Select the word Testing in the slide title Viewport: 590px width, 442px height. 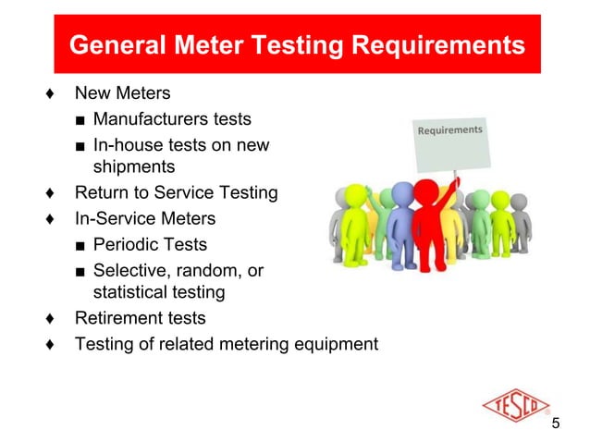click(294, 44)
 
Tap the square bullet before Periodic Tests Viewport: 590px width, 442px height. click(81, 246)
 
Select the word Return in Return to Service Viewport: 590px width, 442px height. click(99, 193)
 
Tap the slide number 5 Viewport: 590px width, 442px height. click(556, 424)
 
